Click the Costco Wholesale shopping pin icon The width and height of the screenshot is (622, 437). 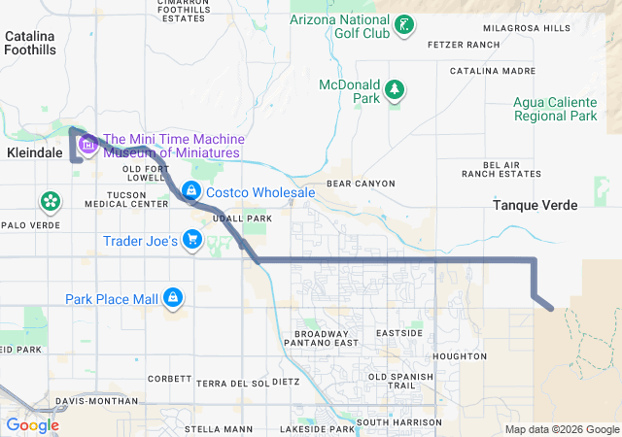191,191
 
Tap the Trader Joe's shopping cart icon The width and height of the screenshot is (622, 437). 192,240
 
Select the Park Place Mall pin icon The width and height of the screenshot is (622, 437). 173,297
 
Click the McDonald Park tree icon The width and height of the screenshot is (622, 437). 395,90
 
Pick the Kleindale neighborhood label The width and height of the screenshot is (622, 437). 34,153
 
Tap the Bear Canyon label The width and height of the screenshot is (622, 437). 361,183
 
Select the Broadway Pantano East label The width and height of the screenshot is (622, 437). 321,338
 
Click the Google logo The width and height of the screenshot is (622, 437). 32,424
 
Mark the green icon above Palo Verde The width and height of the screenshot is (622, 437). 50,202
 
